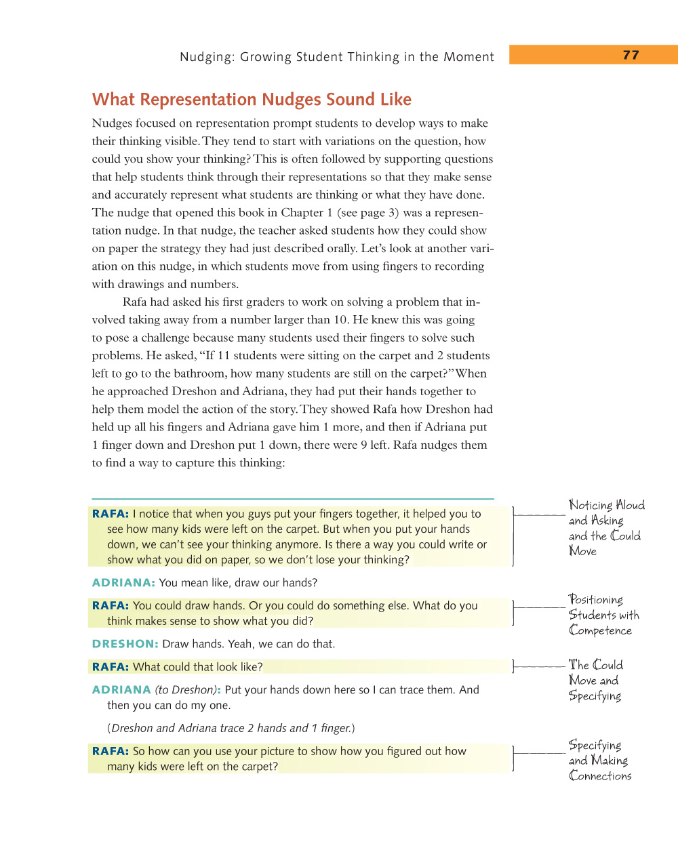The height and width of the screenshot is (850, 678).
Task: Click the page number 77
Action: click(x=631, y=55)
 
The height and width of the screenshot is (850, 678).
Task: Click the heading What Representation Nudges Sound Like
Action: click(x=252, y=100)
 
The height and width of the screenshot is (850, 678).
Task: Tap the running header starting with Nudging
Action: click(x=336, y=57)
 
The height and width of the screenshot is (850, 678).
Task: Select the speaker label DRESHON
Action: click(x=125, y=644)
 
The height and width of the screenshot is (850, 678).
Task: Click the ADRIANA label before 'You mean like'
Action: click(x=123, y=583)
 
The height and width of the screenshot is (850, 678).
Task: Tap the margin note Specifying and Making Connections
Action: click(x=599, y=761)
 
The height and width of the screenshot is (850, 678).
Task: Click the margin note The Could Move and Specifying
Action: click(x=595, y=680)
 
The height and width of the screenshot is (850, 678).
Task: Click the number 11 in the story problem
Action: click(x=224, y=356)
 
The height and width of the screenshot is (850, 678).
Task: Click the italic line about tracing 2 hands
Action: click(x=231, y=728)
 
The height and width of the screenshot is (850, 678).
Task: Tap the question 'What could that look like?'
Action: click(x=197, y=667)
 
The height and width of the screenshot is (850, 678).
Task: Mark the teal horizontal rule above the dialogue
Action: click(x=293, y=498)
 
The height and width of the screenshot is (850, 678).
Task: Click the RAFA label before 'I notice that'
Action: click(x=110, y=514)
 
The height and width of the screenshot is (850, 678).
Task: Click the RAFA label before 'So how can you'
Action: click(x=110, y=751)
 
